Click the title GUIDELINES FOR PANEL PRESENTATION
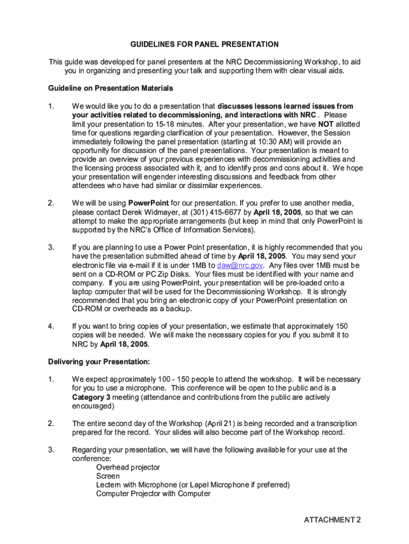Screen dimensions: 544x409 click(x=204, y=44)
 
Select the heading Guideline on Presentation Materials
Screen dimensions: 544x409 click(x=110, y=88)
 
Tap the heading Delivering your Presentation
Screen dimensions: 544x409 click(x=99, y=362)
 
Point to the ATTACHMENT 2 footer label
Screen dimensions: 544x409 click(x=332, y=520)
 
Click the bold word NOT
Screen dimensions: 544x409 click(x=326, y=124)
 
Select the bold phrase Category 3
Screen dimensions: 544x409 click(x=91, y=397)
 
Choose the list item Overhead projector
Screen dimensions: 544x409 click(x=127, y=467)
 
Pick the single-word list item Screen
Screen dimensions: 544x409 click(x=108, y=477)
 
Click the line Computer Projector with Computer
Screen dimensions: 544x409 click(x=153, y=494)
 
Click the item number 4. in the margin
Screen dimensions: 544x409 click(x=51, y=326)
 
